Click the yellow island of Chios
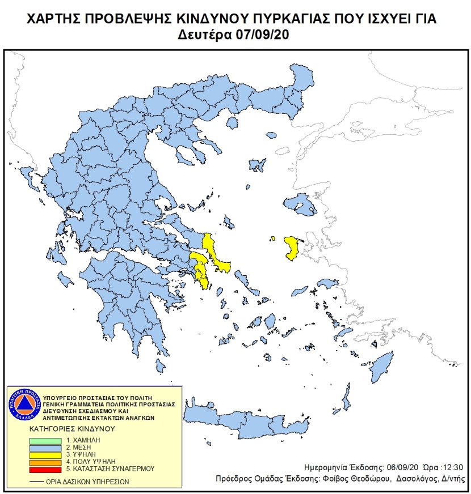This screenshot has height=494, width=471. click(x=292, y=248)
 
